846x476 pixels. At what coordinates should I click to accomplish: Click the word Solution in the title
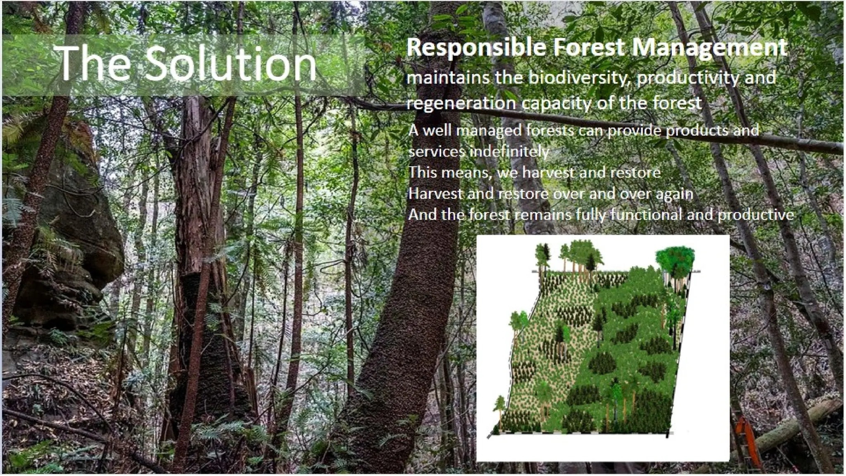pyautogui.click(x=230, y=63)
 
